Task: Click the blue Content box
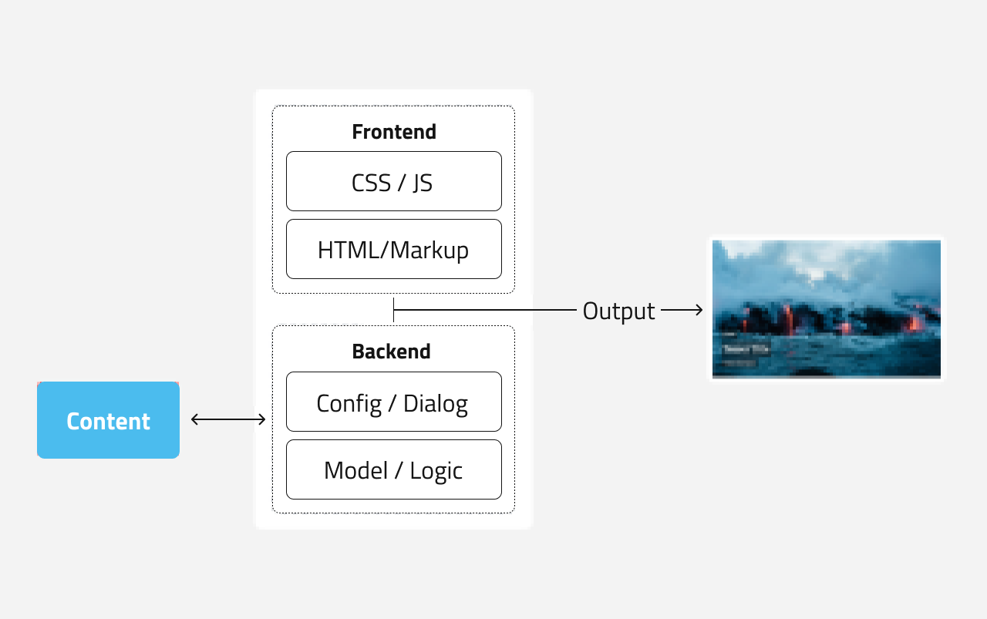click(108, 420)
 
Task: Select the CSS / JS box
click(393, 181)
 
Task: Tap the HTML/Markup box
click(393, 249)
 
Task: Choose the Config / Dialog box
click(393, 402)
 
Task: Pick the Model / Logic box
click(393, 469)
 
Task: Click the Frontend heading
click(393, 132)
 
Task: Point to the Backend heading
click(391, 352)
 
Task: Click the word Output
click(618, 311)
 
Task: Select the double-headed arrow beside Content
click(228, 419)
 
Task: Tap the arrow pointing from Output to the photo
click(682, 310)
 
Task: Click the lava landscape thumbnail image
click(826, 308)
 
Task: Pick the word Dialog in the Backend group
click(435, 403)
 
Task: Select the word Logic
click(436, 470)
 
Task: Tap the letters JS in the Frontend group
click(422, 182)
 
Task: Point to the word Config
click(349, 403)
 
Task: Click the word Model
click(355, 470)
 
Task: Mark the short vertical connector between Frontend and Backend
click(393, 309)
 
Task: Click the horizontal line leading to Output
click(486, 310)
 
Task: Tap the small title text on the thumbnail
click(745, 348)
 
